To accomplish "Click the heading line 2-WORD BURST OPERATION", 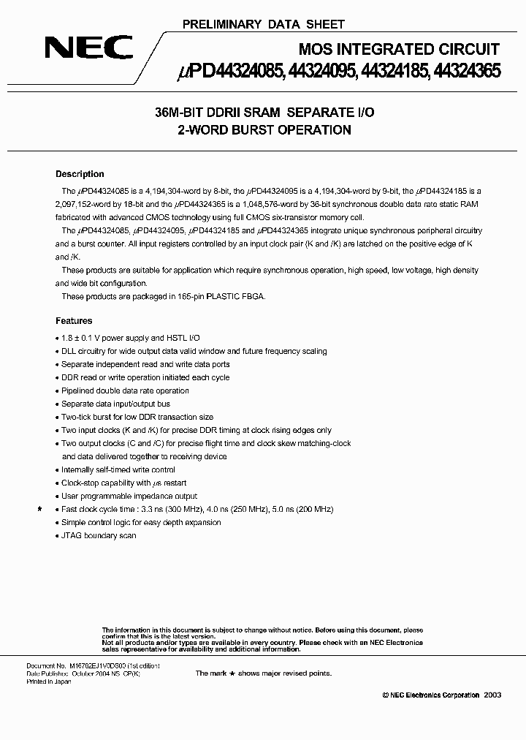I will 264,130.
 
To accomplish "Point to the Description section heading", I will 80,174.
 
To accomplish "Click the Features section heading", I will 74,320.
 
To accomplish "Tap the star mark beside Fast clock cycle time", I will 39,509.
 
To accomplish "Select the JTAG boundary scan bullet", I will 99,535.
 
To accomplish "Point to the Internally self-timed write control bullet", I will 118,469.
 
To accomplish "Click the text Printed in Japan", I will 50,681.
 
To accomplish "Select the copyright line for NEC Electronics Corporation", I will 442,695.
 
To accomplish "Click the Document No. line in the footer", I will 92,666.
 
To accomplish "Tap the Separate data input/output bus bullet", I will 115,404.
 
